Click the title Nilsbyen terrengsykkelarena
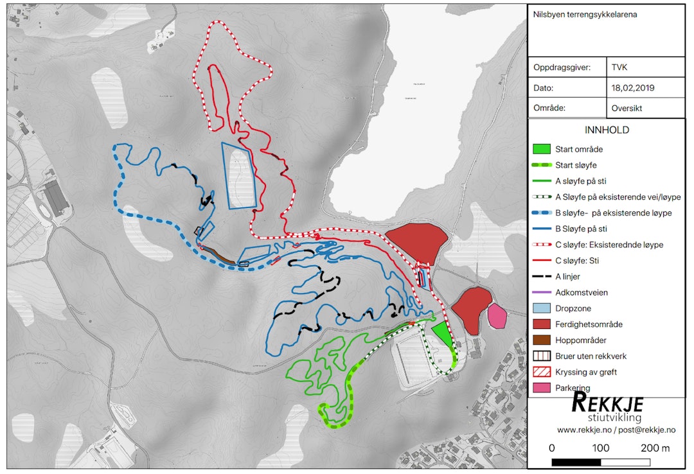585,14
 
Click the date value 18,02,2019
637,88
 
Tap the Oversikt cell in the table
627,108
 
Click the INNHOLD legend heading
607,130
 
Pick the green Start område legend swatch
542,149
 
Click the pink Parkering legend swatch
542,388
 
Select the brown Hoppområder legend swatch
542,340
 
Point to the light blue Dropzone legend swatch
542,308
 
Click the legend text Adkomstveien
581,292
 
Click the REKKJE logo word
607,404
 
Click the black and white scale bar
601,462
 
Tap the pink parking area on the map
497,316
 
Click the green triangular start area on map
441,334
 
